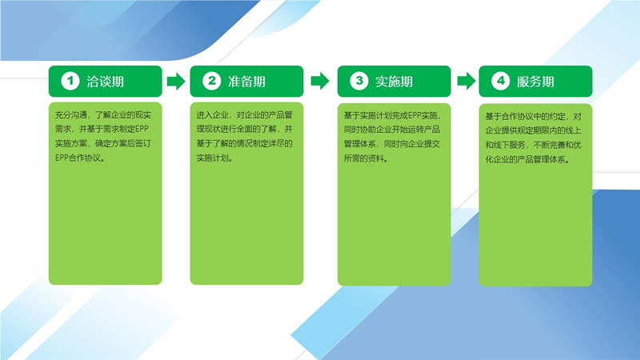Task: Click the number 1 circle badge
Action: pyautogui.click(x=70, y=81)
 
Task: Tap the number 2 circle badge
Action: pyautogui.click(x=212, y=81)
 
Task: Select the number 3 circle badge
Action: pyautogui.click(x=359, y=81)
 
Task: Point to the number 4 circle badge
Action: pyautogui.click(x=501, y=81)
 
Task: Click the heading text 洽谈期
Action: pyautogui.click(x=106, y=82)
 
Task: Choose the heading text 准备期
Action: pyautogui.click(x=246, y=82)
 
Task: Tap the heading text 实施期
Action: pyautogui.click(x=394, y=82)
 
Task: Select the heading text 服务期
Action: pyautogui.click(x=535, y=82)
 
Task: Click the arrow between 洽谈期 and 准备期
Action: pyautogui.click(x=176, y=82)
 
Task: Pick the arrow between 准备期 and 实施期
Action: pyautogui.click(x=320, y=81)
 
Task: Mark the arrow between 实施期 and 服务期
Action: pyautogui.click(x=466, y=81)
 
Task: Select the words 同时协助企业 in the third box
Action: pyautogui.click(x=367, y=130)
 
